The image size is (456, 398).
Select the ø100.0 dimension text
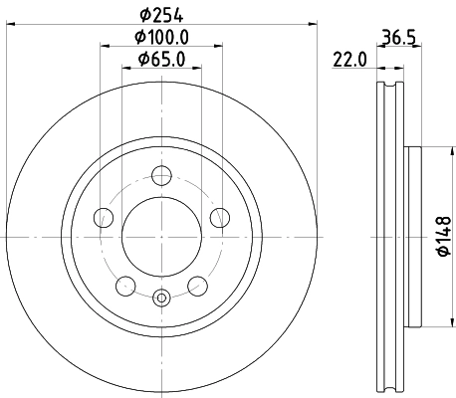click(x=162, y=38)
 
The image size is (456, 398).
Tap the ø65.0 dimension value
click(x=162, y=61)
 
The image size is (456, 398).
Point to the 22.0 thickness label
click(x=350, y=61)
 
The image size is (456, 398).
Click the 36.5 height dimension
click(x=397, y=39)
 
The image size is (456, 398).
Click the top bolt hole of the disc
click(x=161, y=176)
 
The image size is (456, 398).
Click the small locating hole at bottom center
click(x=161, y=296)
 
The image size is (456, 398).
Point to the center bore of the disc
click(x=161, y=238)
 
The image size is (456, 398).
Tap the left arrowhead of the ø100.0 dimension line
click(x=104, y=48)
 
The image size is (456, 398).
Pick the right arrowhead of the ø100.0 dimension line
click(x=219, y=48)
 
